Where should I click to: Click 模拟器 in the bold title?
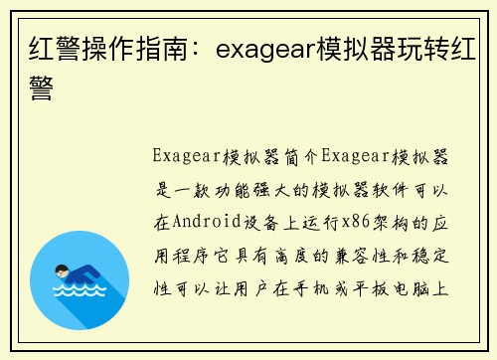(356, 48)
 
